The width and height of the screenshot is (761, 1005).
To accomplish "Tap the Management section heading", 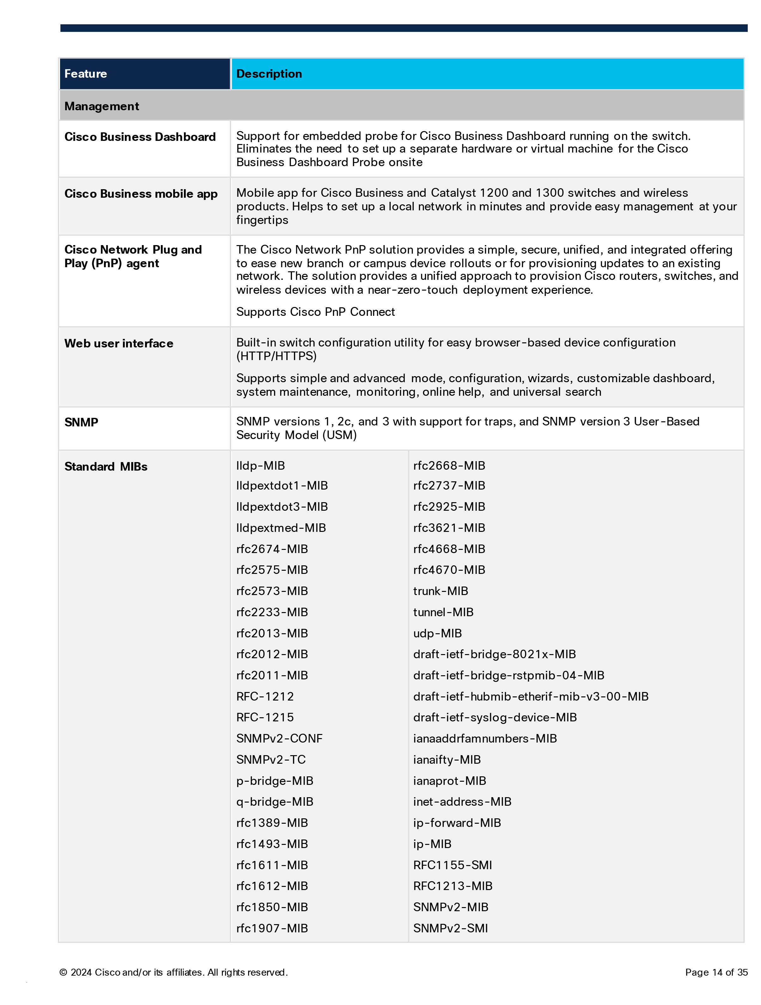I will click(101, 106).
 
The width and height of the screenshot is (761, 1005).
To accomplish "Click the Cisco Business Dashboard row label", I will click(140, 137).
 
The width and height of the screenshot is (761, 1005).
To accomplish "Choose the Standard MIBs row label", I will click(106, 466).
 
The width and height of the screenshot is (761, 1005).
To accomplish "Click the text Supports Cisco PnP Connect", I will click(315, 312).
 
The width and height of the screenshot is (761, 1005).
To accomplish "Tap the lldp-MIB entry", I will click(260, 466).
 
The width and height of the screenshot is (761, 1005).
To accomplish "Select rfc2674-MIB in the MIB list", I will click(272, 549).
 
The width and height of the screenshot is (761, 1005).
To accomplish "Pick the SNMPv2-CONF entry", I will click(279, 738).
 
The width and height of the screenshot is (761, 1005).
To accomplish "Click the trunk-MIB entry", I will click(440, 591).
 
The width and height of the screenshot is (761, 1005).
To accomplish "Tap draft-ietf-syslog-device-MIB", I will click(495, 717).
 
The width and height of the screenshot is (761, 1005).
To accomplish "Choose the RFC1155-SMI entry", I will click(452, 865).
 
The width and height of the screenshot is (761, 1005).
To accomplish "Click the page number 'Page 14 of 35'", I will click(716, 972).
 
